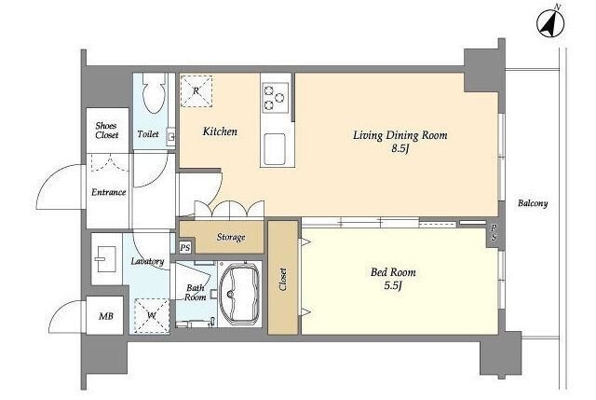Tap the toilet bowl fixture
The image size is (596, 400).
click(155, 93)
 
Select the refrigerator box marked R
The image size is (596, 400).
click(196, 91)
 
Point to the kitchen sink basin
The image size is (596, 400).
click(276, 149)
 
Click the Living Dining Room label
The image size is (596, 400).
click(400, 135)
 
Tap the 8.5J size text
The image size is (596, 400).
click(400, 148)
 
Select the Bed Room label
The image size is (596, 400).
click(393, 272)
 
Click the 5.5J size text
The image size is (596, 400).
click(393, 285)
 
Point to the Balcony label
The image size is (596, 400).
click(533, 203)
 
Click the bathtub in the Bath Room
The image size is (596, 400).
click(239, 293)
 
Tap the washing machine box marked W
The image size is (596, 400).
click(152, 315)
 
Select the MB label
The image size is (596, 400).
click(105, 316)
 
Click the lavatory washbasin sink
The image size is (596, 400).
click(106, 259)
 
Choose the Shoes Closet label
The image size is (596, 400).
click(107, 131)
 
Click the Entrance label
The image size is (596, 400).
click(108, 192)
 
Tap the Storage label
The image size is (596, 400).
click(231, 237)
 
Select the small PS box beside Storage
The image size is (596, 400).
click(185, 248)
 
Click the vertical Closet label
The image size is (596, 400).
click(283, 280)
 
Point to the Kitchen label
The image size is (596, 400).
click(220, 131)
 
